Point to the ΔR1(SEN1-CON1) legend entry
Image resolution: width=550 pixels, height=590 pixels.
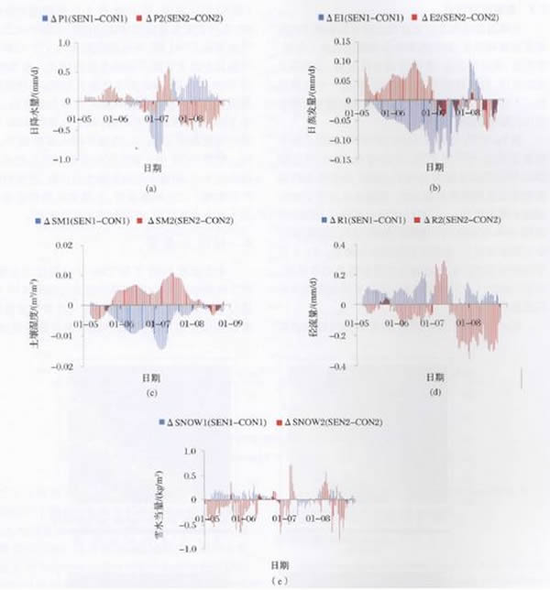(362, 221)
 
